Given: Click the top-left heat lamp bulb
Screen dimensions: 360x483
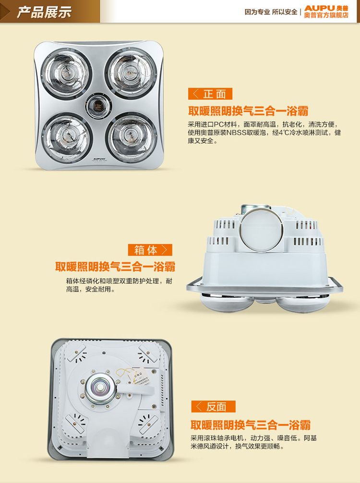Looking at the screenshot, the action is point(66,74).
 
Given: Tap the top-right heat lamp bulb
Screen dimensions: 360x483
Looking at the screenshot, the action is point(131,72).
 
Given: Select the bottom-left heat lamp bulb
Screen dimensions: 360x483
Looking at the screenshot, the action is point(67,138).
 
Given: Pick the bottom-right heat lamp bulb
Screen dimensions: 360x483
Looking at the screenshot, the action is point(132,137).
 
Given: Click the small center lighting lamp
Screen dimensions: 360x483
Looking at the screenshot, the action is point(98,106).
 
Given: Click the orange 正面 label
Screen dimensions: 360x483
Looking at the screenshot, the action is point(210,94).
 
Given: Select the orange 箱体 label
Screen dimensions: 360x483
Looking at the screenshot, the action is point(150,250).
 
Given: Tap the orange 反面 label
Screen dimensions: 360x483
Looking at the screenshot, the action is point(213,406).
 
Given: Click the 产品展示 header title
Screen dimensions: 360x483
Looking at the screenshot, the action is point(44,12).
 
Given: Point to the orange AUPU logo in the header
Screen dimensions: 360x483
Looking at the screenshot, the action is point(319,8).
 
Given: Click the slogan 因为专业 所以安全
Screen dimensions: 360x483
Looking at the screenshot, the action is point(271,12).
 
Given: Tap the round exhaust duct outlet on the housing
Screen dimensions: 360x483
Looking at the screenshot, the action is point(261,230).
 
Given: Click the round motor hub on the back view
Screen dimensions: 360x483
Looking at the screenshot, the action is point(100,389).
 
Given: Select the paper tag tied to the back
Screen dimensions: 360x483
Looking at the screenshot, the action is point(143,377).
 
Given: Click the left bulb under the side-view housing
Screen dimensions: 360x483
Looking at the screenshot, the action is point(227,302).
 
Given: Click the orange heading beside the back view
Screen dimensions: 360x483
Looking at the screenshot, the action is point(250,425).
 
